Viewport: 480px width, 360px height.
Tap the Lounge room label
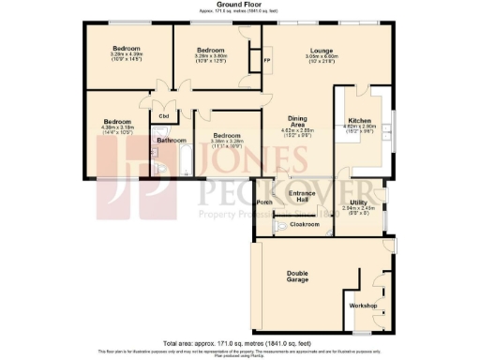click(x=297, y=50)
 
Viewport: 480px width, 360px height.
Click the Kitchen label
click(x=361, y=121)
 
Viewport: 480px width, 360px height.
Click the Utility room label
click(x=358, y=202)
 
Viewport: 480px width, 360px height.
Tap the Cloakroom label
click(x=307, y=225)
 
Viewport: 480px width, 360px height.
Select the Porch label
click(x=265, y=202)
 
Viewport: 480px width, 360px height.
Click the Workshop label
click(x=363, y=307)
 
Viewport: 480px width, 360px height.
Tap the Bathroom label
click(x=171, y=141)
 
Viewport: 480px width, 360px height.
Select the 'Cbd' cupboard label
click(x=163, y=115)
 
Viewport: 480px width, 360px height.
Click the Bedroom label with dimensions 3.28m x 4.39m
click(x=127, y=48)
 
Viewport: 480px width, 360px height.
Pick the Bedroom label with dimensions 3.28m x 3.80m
click(x=210, y=50)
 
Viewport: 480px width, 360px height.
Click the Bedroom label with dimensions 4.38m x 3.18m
click(x=116, y=122)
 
